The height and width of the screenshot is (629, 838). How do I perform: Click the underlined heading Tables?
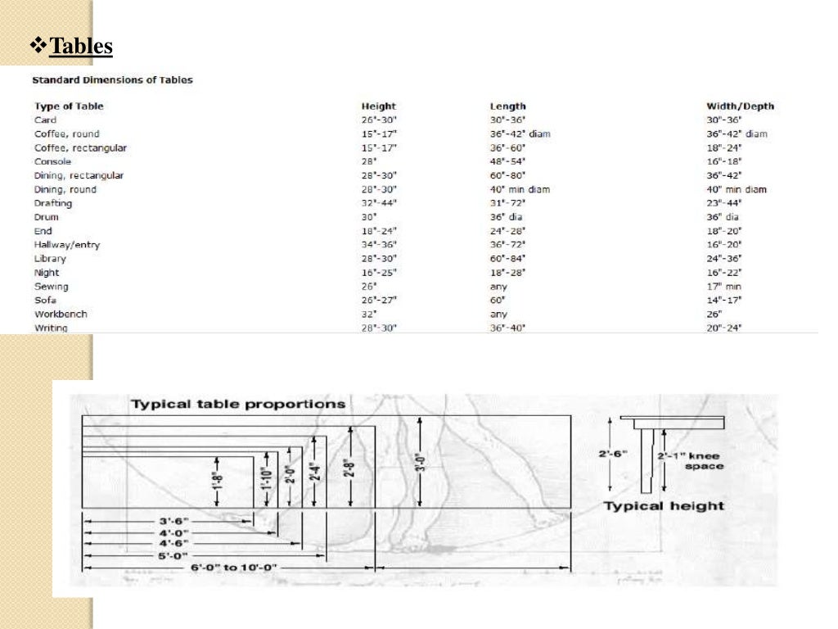coord(81,47)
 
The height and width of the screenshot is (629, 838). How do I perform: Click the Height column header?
coord(378,106)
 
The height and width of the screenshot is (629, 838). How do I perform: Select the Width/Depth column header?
coord(740,106)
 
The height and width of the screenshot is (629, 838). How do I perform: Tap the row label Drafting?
coord(53,203)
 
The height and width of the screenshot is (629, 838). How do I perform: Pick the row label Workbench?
coord(61,314)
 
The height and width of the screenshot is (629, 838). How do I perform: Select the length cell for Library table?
coord(507,259)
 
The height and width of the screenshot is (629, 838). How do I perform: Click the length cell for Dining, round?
coord(520,189)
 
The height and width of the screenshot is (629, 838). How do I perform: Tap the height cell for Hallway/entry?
coord(378,245)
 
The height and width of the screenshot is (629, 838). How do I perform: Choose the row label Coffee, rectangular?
coord(80,147)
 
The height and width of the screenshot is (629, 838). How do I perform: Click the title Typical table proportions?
coord(238,404)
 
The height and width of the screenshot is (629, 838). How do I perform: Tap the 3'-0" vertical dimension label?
coord(417,463)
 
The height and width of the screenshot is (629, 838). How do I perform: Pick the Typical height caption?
coord(663,506)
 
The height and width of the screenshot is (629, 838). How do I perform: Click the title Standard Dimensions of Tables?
coord(112,80)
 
